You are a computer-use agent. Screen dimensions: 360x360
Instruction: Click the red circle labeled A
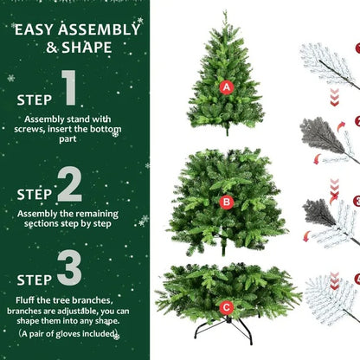click(227, 87)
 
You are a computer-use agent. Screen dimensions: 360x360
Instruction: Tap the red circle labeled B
click(227, 202)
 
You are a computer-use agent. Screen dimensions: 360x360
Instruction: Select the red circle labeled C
click(226, 306)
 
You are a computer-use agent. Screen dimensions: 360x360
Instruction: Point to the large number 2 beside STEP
click(70, 185)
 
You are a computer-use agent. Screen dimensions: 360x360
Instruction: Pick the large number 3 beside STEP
click(70, 269)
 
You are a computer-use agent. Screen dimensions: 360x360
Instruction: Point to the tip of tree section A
click(226, 13)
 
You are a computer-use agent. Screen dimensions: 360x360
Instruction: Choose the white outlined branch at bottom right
click(331, 299)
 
